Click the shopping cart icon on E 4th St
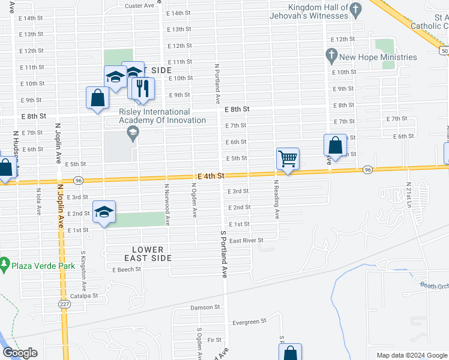(x=288, y=158)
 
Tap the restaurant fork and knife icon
(x=142, y=88)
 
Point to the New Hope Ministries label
(x=378, y=57)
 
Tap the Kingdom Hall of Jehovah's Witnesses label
(x=309, y=11)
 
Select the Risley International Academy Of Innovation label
(x=154, y=116)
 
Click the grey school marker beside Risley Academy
(x=133, y=132)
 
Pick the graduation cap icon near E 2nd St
(x=104, y=212)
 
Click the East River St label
(x=247, y=241)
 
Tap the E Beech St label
(x=126, y=269)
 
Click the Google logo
(x=20, y=353)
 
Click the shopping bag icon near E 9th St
(x=98, y=98)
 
